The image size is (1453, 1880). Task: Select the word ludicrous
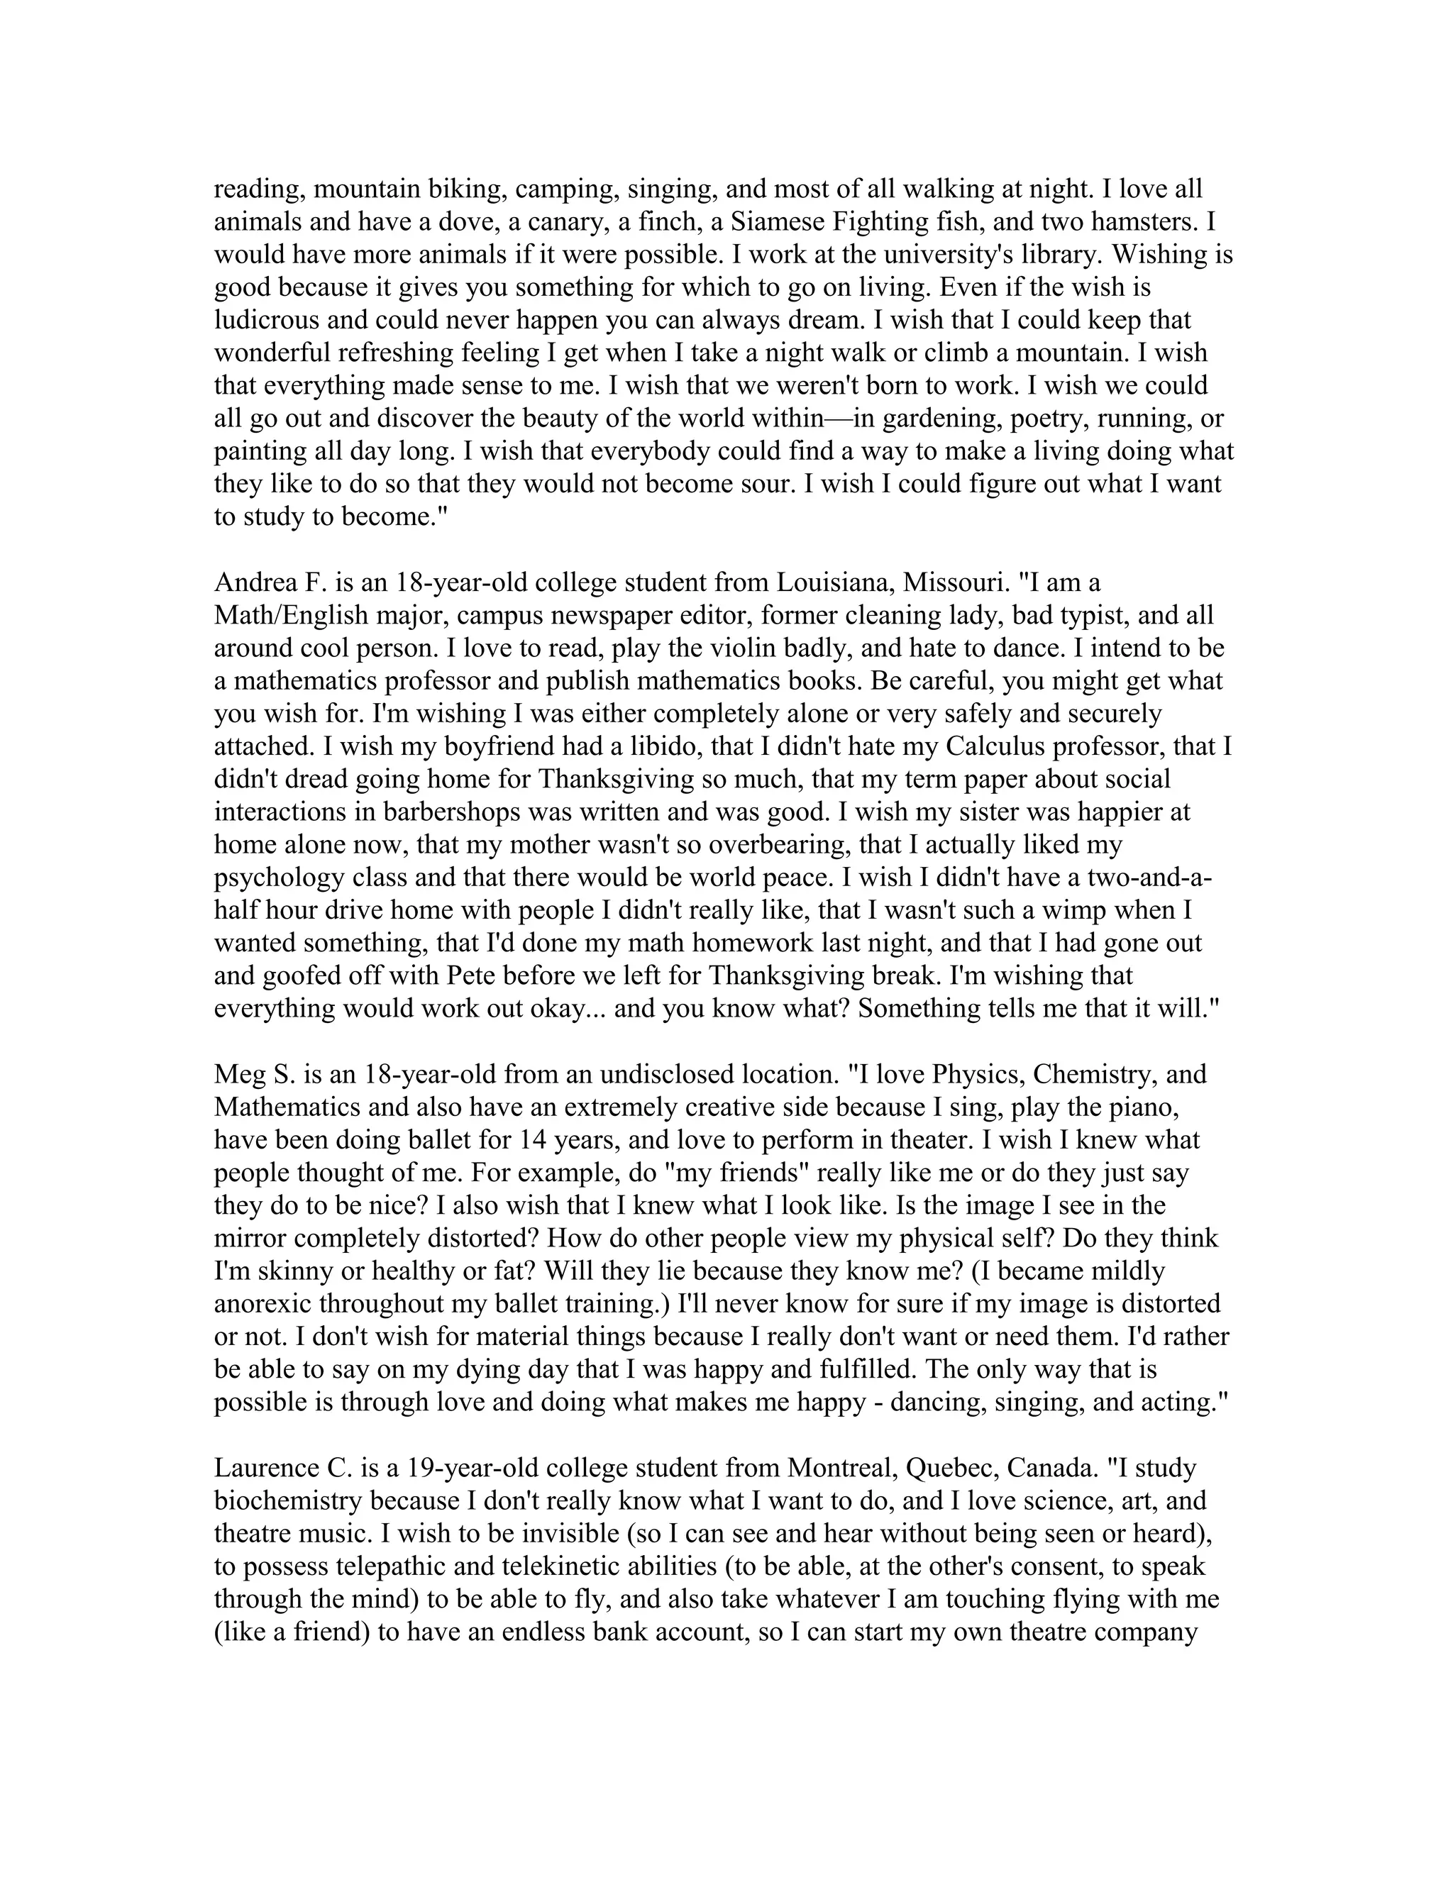(267, 320)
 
